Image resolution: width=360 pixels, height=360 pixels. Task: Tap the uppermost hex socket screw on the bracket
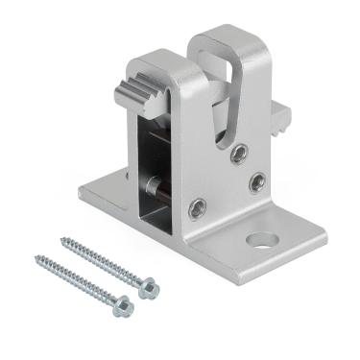[239, 151]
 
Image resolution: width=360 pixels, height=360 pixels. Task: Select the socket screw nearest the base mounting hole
[256, 180]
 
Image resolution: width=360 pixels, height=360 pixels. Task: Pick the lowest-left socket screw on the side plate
[197, 204]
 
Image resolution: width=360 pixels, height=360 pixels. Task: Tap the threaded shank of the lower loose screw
[77, 280]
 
